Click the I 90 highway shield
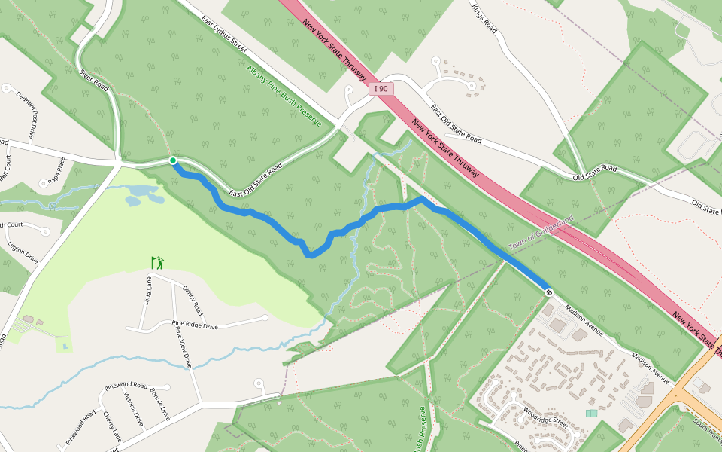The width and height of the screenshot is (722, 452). (x=382, y=89)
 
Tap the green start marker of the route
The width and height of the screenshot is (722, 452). (x=173, y=160)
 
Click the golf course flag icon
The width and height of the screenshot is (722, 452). (x=157, y=263)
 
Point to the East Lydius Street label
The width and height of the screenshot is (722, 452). (x=223, y=34)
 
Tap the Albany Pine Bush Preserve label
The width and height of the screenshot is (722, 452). (x=284, y=96)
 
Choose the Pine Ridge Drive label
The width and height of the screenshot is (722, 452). (x=195, y=326)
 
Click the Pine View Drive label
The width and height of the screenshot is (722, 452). (x=183, y=346)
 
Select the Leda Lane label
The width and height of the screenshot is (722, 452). (x=147, y=288)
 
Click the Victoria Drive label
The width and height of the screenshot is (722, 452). (x=133, y=409)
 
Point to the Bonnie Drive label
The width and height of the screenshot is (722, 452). (x=159, y=405)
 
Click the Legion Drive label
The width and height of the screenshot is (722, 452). (x=22, y=252)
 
